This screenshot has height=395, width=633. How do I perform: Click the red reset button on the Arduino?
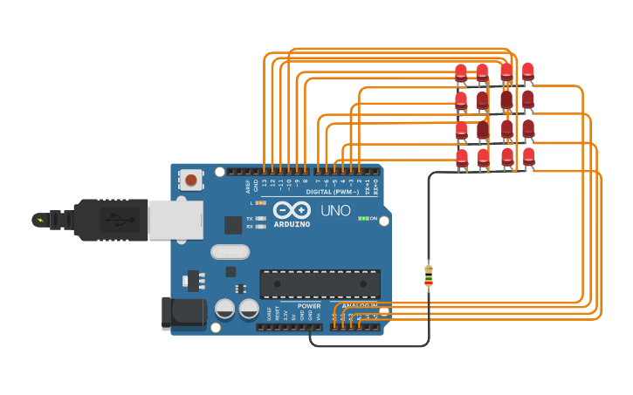pos(190,180)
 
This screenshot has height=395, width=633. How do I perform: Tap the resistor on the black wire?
pos(428,275)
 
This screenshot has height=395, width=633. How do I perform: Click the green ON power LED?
pos(363,218)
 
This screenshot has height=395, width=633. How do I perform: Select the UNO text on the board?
pos(335,210)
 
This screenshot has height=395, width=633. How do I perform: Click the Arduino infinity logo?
pos(292,210)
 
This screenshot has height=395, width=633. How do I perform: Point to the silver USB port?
pos(175,219)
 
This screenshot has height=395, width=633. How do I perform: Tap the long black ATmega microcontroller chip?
pos(320,284)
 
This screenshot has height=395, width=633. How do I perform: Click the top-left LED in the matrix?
pos(461,72)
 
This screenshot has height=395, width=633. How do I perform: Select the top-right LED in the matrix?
pos(527,71)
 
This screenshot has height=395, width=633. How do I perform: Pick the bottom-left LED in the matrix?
pos(462,158)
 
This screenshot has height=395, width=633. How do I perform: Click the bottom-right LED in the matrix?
pos(529,157)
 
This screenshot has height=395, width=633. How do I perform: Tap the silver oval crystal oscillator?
pos(230,252)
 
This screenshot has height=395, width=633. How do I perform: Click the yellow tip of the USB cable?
pos(39,219)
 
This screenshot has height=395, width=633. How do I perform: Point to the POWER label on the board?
pos(309,306)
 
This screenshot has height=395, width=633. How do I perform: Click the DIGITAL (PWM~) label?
pos(335,191)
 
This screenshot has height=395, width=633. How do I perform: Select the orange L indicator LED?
pos(260,202)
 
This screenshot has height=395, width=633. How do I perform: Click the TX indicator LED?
pos(260,218)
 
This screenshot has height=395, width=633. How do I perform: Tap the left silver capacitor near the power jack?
pos(225,309)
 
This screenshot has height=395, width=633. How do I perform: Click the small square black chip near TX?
pos(233,225)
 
